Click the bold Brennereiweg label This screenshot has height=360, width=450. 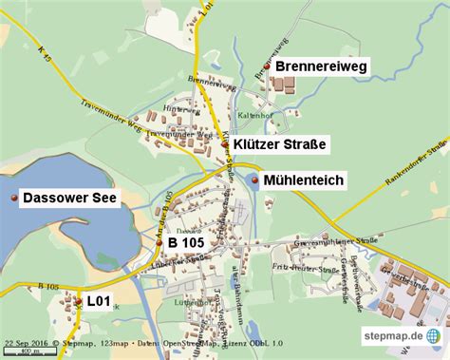click(x=321, y=66)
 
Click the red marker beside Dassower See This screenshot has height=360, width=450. click(x=14, y=199)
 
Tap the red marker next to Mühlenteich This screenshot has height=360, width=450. click(x=253, y=179)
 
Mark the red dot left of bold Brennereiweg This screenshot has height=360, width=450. click(x=267, y=66)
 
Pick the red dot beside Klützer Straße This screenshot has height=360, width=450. click(x=225, y=143)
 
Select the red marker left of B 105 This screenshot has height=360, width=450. click(x=159, y=243)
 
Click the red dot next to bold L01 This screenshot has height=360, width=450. click(x=77, y=301)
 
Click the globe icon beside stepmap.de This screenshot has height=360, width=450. click(x=433, y=336)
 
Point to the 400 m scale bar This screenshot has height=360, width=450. click(x=28, y=352)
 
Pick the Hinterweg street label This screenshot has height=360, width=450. click(x=177, y=111)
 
